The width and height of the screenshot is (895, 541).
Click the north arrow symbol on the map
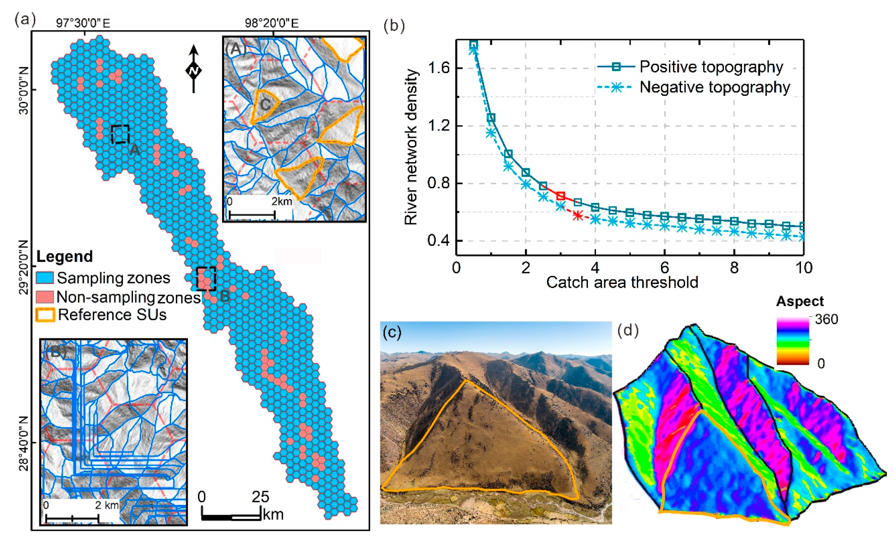pyautogui.click(x=194, y=69)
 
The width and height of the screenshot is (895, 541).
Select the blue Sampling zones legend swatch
pyautogui.click(x=45, y=278)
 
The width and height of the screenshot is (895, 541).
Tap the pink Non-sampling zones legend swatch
pyautogui.click(x=45, y=297)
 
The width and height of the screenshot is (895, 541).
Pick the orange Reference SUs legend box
pyautogui.click(x=45, y=315)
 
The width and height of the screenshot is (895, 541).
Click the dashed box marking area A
pyautogui.click(x=120, y=134)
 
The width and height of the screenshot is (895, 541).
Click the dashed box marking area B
pyautogui.click(x=206, y=278)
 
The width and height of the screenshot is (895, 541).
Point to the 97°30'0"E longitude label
pyautogui.click(x=83, y=23)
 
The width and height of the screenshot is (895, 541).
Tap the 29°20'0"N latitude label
pyautogui.click(x=23, y=267)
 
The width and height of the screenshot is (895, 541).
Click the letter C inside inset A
pyautogui.click(x=265, y=104)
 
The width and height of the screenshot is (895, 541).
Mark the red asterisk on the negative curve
pyautogui.click(x=578, y=216)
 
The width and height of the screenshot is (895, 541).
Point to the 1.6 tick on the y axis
pyautogui.click(x=439, y=68)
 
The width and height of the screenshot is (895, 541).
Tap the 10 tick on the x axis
pyautogui.click(x=803, y=268)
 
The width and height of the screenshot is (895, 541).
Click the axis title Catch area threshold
pyautogui.click(x=622, y=283)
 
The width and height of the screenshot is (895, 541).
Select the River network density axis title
pyautogui.click(x=411, y=147)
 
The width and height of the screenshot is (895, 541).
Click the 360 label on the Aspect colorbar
pyautogui.click(x=826, y=319)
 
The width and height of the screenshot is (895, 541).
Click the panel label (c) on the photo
pyautogui.click(x=392, y=332)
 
